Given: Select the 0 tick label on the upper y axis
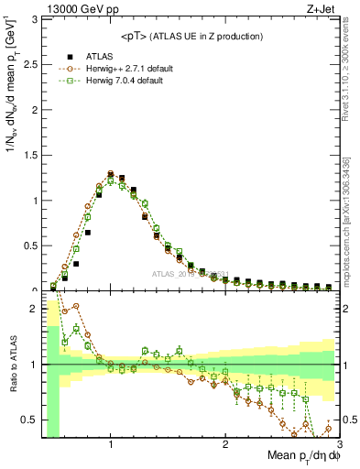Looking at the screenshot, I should [x=33, y=289].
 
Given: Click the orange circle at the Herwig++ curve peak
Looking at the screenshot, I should [x=110, y=172].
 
